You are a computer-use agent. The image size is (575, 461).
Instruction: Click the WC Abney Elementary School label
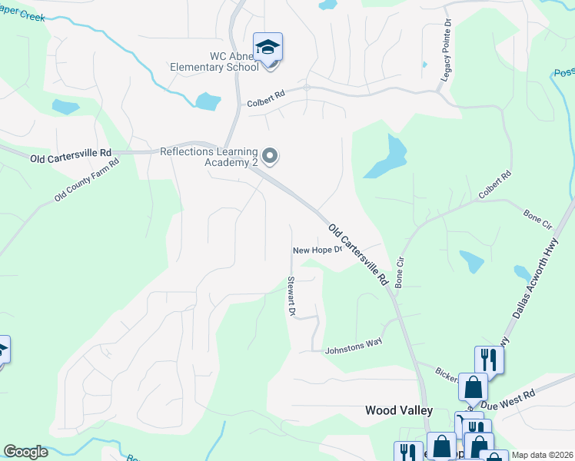pyautogui.click(x=234, y=61)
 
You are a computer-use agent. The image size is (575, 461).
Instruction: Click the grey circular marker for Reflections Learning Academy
pyautogui.click(x=270, y=157)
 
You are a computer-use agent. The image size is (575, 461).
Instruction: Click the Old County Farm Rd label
pyautogui.click(x=87, y=181)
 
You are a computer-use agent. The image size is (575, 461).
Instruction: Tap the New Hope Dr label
pyautogui.click(x=316, y=250)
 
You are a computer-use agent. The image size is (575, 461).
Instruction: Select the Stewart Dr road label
pyautogui.click(x=291, y=296)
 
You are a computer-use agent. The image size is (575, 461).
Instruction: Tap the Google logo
pyautogui.click(x=25, y=452)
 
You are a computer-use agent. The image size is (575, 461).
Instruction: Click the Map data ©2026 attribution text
pyautogui.click(x=543, y=455)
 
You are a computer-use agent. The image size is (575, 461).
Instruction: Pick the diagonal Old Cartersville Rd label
pyautogui.click(x=358, y=255)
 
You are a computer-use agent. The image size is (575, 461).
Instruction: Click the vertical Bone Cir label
pyautogui.click(x=399, y=273)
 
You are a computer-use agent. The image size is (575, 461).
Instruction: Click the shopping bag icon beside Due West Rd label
pyautogui.click(x=472, y=387)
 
